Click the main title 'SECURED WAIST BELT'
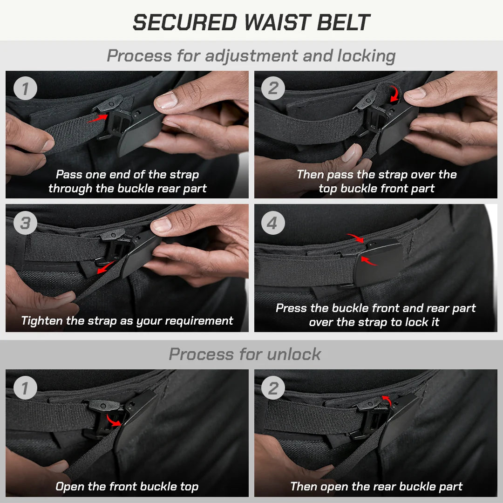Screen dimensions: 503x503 251,22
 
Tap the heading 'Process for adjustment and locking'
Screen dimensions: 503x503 251,56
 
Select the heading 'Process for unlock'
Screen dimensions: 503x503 245,354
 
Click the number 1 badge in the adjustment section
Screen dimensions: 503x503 25,88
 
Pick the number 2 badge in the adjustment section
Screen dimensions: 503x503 273,88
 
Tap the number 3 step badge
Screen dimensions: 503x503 25,223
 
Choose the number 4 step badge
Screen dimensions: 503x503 273,223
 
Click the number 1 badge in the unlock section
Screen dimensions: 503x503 25,388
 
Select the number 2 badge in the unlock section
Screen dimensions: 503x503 273,388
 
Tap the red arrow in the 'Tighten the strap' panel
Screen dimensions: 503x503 105,267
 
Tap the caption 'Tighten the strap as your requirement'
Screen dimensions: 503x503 127,321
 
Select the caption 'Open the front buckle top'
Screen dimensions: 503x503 127,487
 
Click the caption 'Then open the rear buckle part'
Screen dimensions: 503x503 376,487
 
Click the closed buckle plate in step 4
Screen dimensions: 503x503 379,263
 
